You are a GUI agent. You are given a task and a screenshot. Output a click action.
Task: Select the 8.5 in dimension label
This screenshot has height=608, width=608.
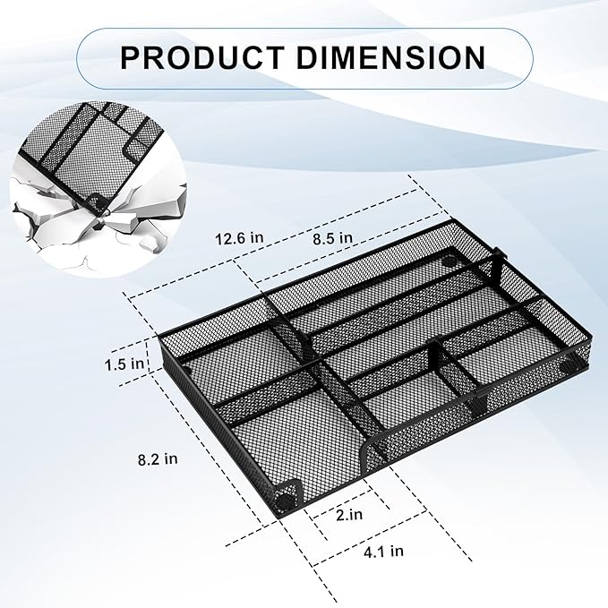330,237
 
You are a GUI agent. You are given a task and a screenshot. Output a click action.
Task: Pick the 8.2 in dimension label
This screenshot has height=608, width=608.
158,458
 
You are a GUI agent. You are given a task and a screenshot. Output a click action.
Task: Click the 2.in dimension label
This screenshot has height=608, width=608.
350,516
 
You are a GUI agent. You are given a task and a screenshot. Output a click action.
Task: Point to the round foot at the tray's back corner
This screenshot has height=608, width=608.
447,264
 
